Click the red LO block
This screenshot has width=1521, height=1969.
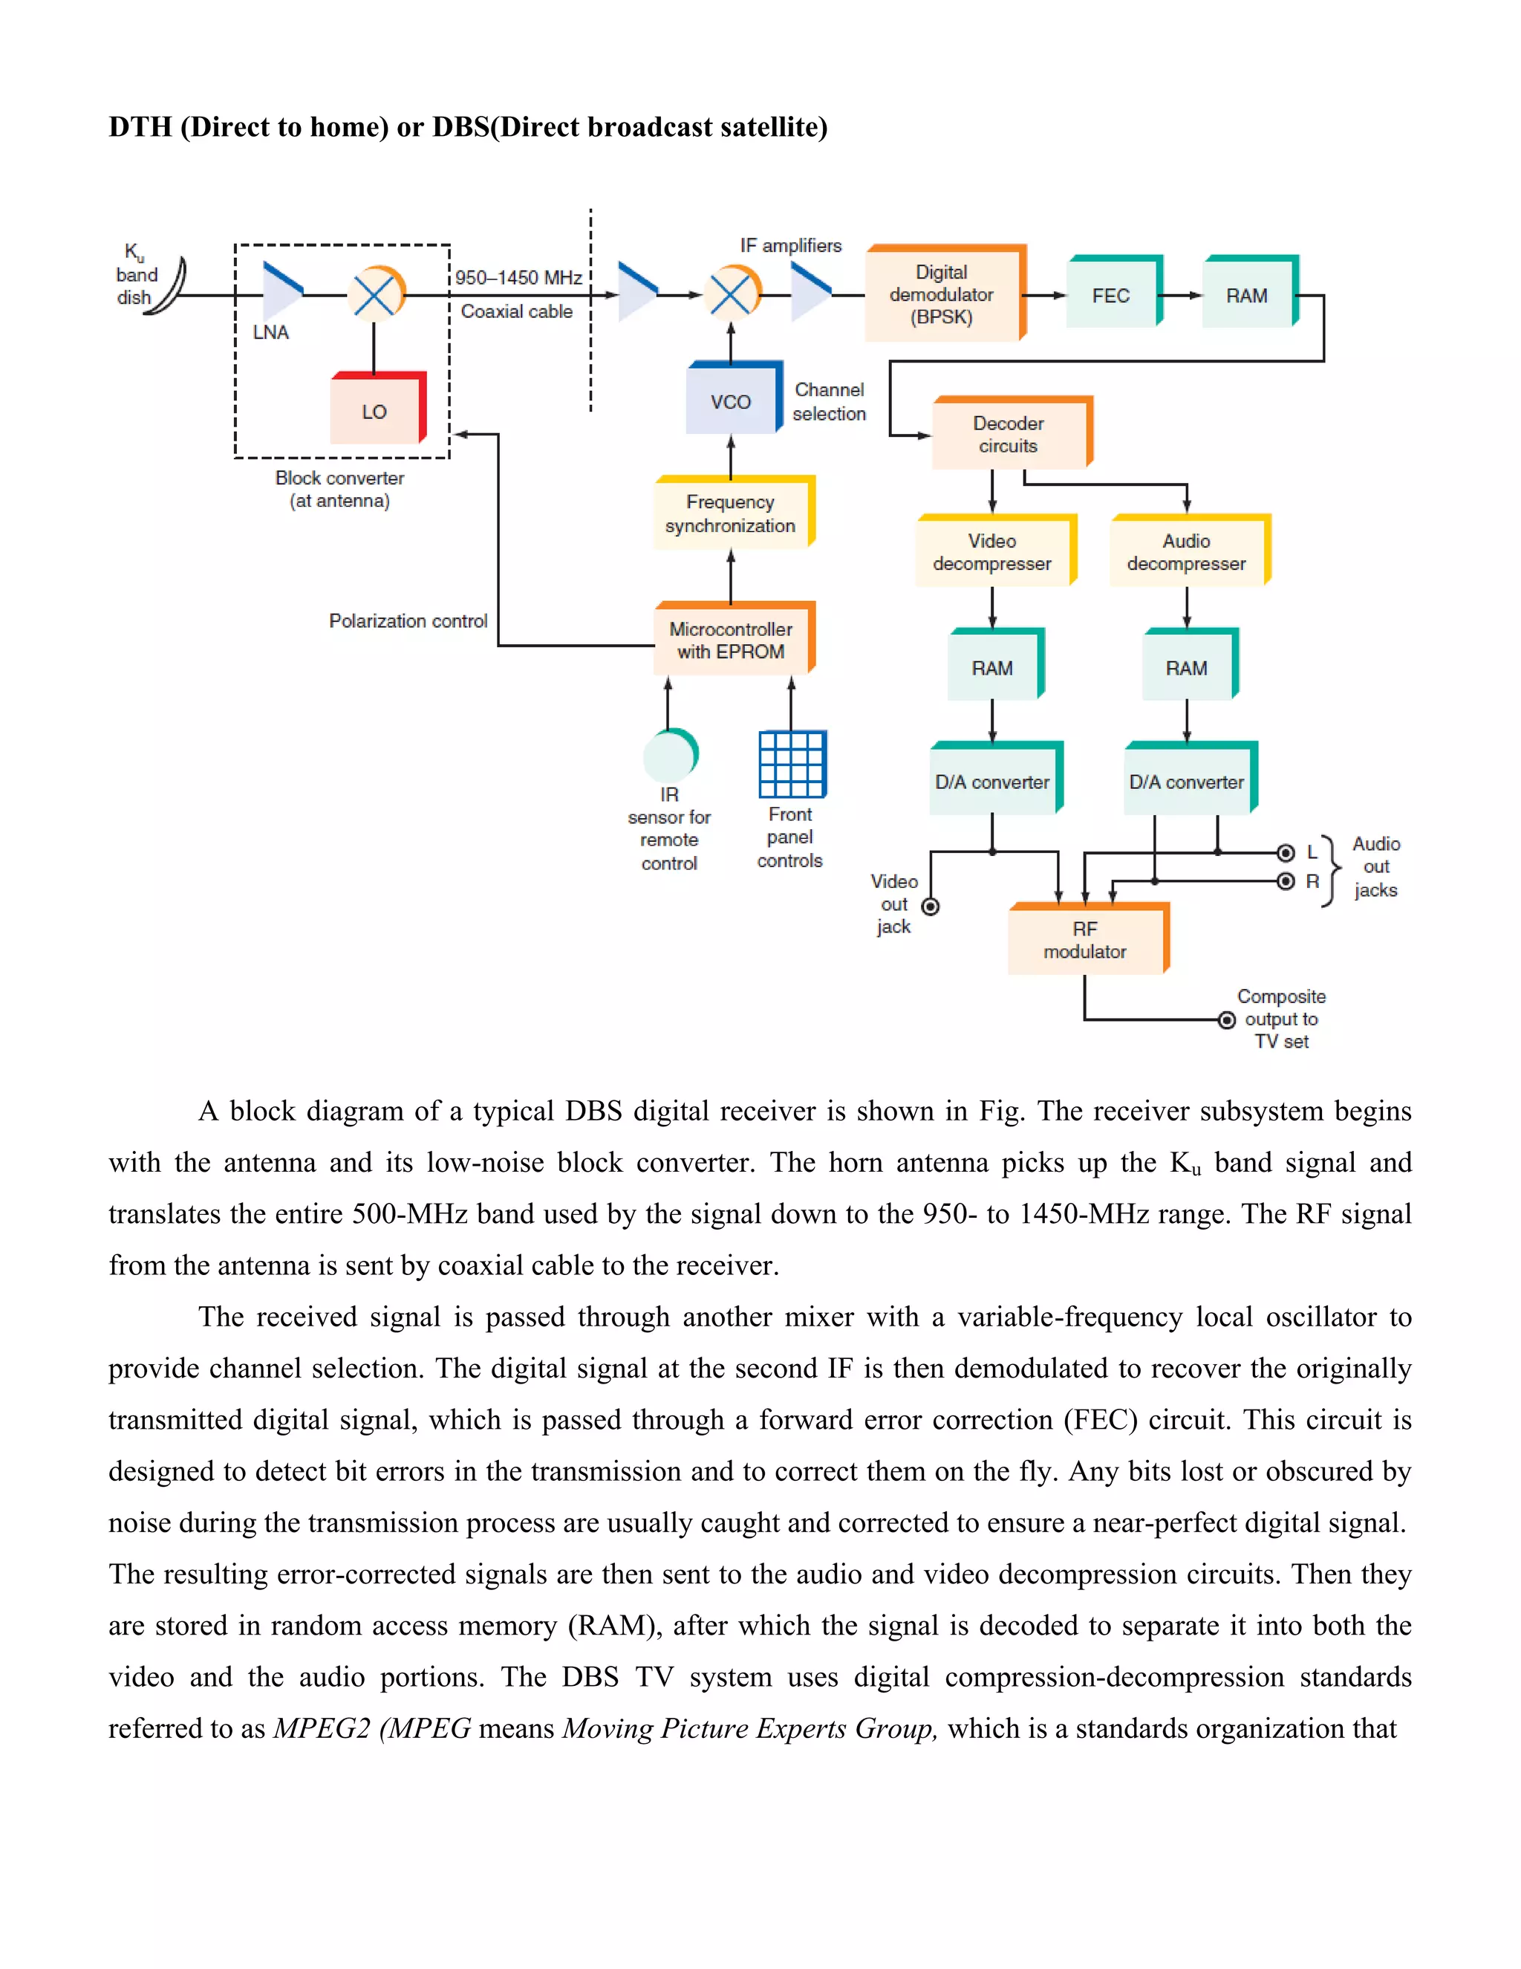tap(376, 410)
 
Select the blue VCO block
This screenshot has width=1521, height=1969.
tap(732, 400)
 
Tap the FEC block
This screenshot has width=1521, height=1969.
tap(1112, 295)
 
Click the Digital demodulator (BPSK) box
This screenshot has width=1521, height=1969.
tap(942, 295)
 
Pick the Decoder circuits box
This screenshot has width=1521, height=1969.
tap(1009, 435)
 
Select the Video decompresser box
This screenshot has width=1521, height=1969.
tap(993, 552)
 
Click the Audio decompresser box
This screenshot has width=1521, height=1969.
tap(1187, 552)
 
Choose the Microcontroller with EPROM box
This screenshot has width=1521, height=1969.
tap(732, 640)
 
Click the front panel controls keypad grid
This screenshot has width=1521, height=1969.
tap(792, 765)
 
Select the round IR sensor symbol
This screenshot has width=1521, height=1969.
tap(669, 756)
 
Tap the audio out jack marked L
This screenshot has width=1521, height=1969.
tap(1286, 853)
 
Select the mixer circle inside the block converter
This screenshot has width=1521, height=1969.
tap(376, 294)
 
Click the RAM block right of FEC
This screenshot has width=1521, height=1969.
tap(1248, 295)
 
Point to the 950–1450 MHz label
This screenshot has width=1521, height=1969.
tap(518, 278)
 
